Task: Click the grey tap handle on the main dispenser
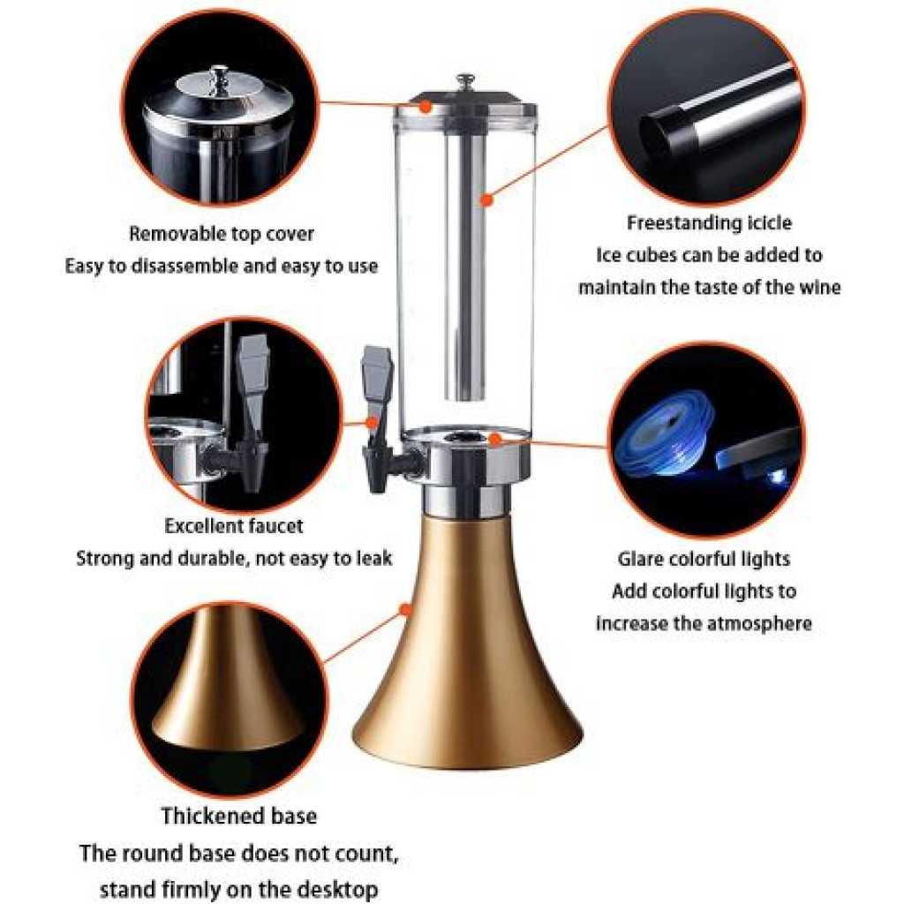(376, 374)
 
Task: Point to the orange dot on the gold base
(406, 609)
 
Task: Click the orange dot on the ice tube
(487, 200)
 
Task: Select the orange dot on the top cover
(426, 106)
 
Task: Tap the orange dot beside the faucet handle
(372, 423)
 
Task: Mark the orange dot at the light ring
(494, 440)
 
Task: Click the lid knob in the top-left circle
(219, 78)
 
